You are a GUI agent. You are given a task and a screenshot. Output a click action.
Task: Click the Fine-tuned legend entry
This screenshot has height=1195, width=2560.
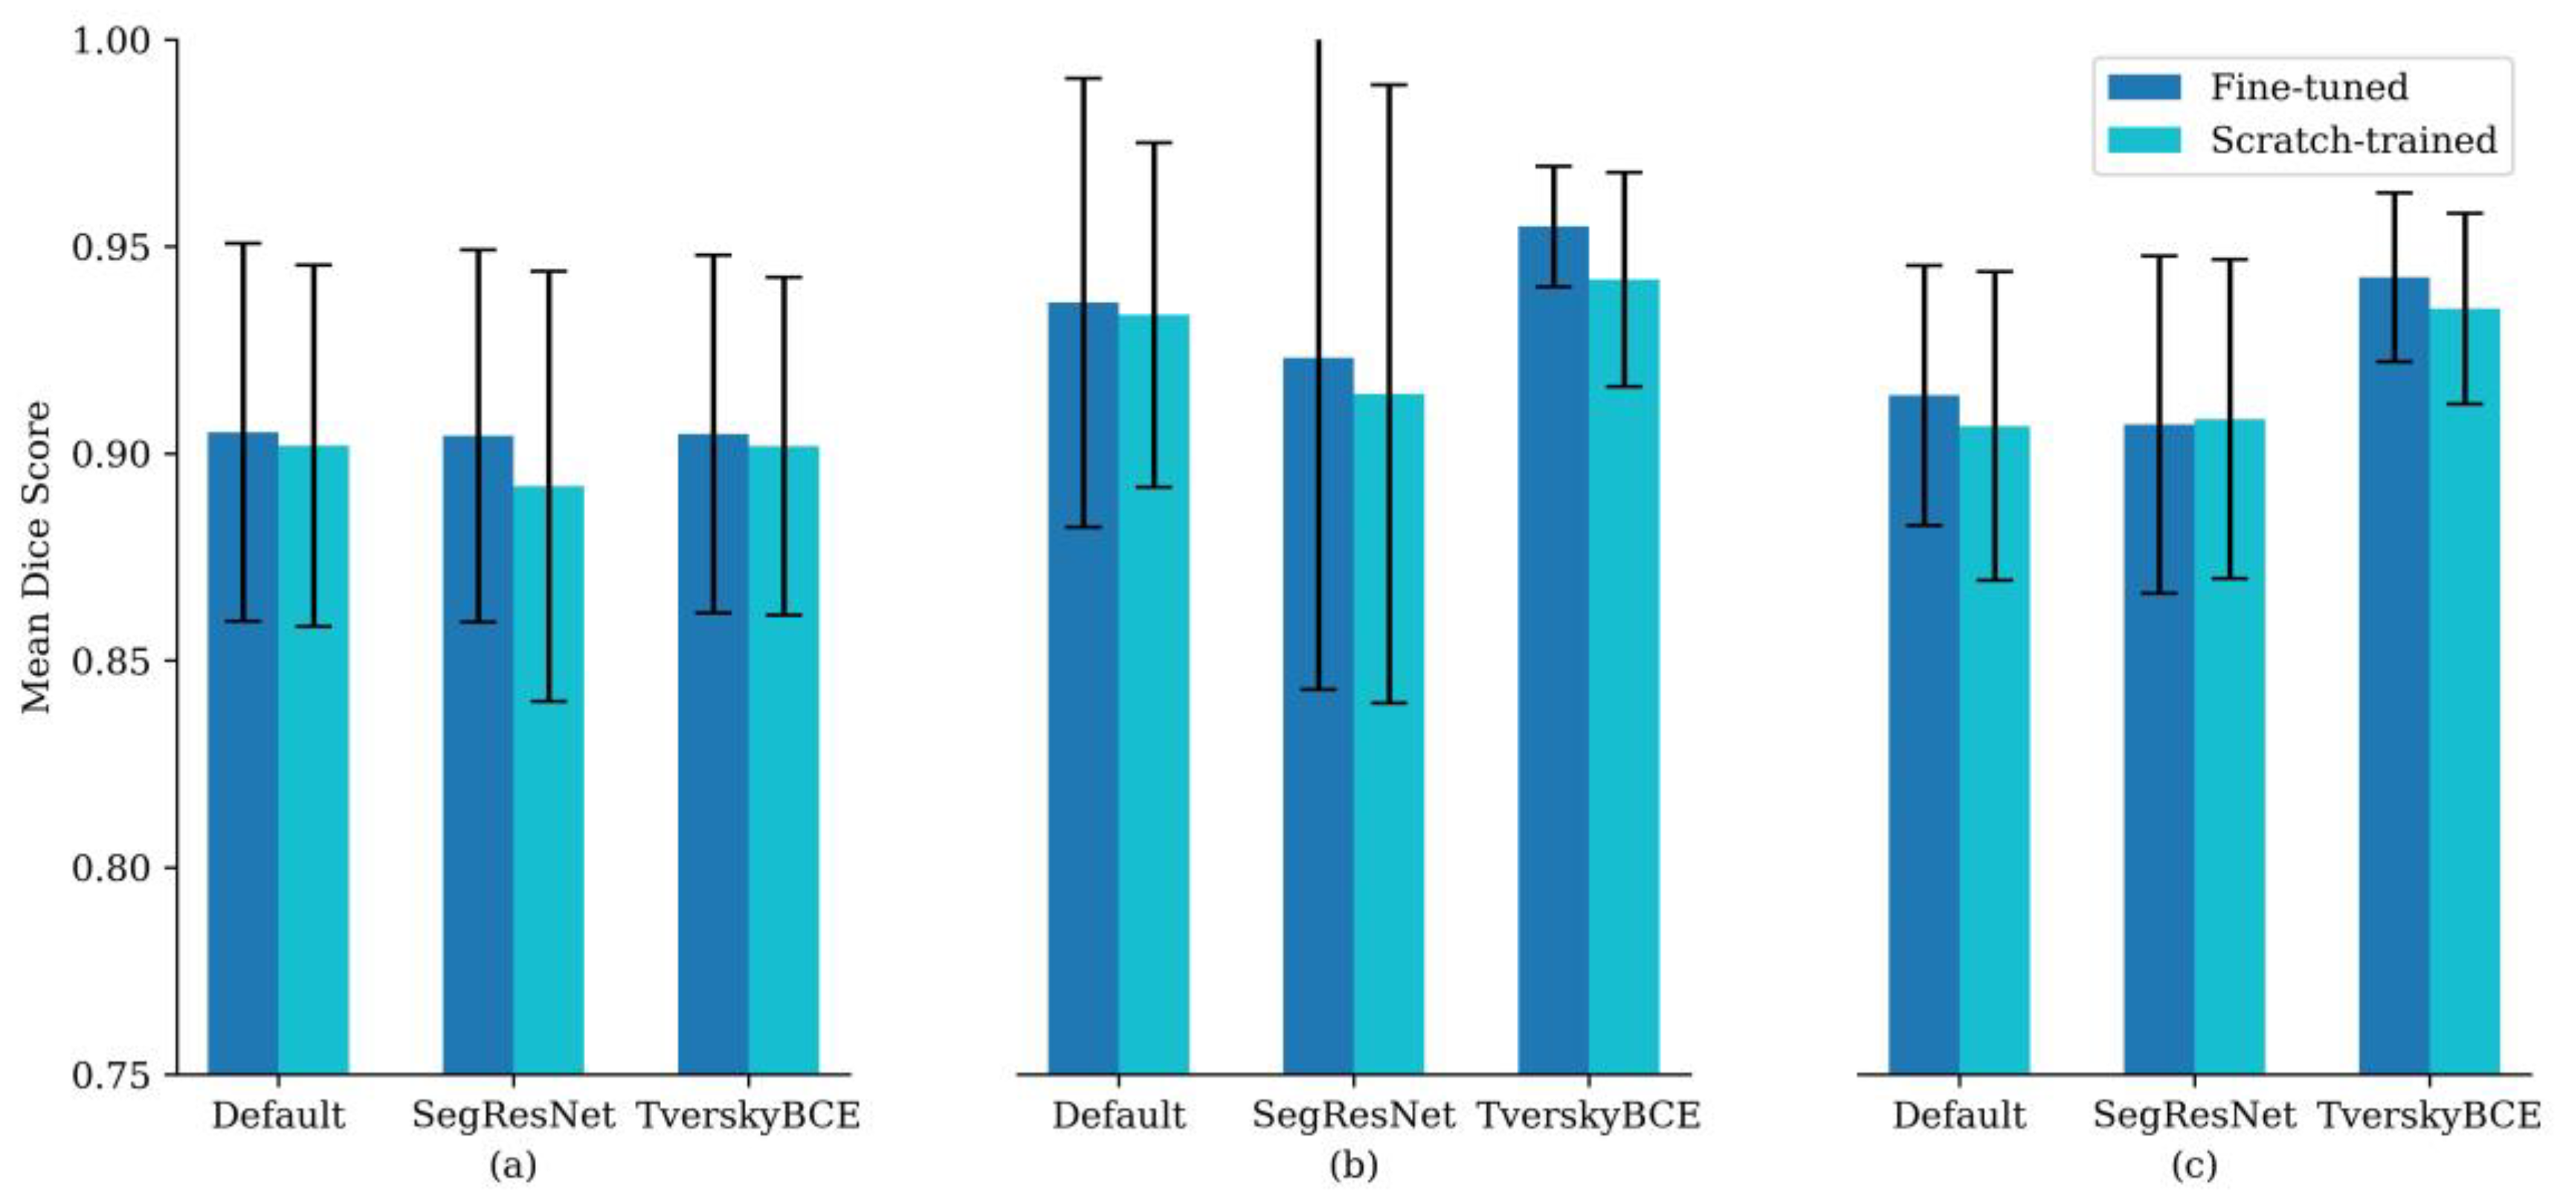[x=2308, y=88]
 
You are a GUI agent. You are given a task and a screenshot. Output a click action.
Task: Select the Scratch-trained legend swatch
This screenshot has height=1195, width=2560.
[x=2144, y=140]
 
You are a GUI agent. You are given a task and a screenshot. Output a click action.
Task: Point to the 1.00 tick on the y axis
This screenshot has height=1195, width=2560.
[x=110, y=41]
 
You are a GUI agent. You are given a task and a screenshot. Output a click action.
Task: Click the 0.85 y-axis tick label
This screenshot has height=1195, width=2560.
[x=110, y=661]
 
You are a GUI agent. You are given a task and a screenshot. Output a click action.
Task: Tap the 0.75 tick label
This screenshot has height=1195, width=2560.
[x=110, y=1075]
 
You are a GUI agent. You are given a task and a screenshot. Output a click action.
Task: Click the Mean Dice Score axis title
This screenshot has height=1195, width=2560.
[x=36, y=557]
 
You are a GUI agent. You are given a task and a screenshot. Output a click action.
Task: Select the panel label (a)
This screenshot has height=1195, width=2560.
[x=513, y=1165]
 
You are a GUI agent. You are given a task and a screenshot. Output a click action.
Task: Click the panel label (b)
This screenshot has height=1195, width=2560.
[x=1353, y=1165]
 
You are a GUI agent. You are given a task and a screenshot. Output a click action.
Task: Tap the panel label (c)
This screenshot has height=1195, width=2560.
[x=2193, y=1165]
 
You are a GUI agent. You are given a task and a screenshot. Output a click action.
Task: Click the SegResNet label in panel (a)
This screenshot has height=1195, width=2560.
[x=513, y=1115]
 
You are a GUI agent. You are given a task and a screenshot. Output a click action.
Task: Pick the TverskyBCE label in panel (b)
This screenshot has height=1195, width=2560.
[x=1588, y=1115]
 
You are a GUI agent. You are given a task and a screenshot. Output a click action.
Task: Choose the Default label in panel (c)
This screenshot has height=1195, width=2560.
[x=1958, y=1115]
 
